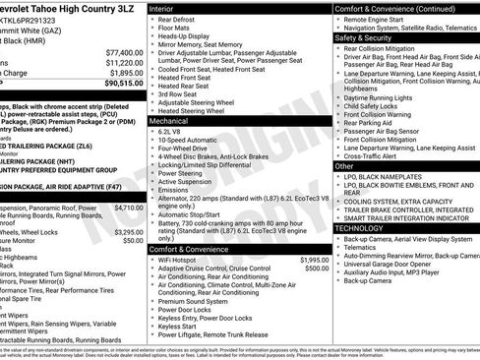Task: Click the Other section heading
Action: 344,166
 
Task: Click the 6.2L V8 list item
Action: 170,130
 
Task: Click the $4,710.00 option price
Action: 129,209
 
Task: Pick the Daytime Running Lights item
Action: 385,98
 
